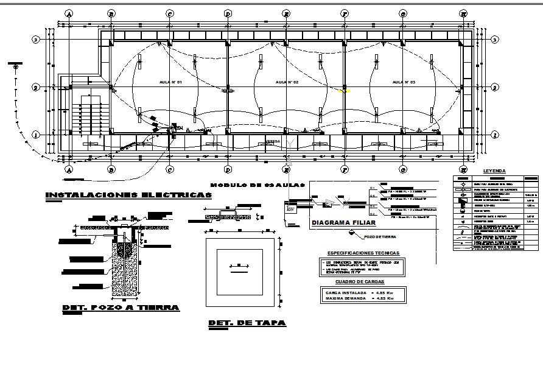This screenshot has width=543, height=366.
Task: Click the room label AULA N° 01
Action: [x=170, y=82]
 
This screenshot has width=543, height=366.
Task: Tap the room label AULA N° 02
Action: [x=287, y=82]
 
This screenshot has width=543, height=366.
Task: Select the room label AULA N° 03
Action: [x=403, y=82]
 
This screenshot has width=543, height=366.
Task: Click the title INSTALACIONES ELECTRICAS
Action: [x=129, y=195]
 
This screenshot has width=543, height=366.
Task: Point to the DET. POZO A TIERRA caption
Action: [x=121, y=308]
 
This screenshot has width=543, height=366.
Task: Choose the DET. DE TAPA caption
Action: [x=247, y=323]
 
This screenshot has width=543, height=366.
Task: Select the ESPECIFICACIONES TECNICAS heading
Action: [x=363, y=253]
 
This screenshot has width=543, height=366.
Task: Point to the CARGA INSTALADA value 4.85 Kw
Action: [x=385, y=292]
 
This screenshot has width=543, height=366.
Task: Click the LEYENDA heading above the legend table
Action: [x=494, y=171]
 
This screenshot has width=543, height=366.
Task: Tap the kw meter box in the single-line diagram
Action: [x=290, y=208]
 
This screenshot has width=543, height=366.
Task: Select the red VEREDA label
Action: [x=273, y=141]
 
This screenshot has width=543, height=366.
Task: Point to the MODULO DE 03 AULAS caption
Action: [x=257, y=185]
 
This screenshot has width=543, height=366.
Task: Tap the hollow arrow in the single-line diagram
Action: [x=332, y=202]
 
